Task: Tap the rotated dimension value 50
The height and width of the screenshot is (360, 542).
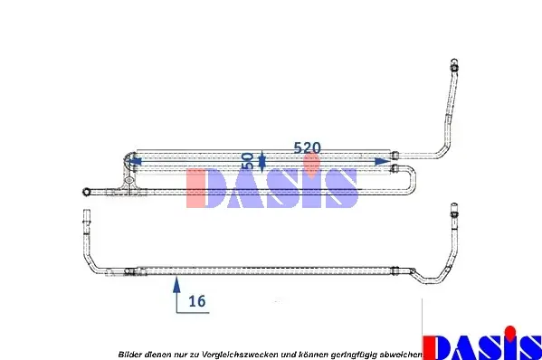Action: pos(247,161)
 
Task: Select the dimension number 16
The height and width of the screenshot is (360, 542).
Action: pos(197,301)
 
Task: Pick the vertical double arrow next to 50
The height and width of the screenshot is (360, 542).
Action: pos(261,161)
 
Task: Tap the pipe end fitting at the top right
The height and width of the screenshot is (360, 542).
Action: pos(452,66)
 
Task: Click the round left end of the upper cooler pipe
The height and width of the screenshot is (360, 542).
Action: pos(86,190)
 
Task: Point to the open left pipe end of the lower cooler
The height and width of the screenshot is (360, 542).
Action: pos(86,218)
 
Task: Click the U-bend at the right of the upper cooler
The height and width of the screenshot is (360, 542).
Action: pos(413,178)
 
